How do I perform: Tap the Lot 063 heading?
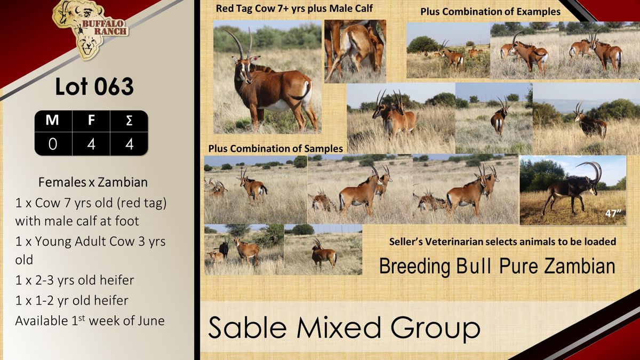tap(94, 86)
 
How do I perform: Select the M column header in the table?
tap(52, 120)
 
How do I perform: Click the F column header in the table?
tap(91, 120)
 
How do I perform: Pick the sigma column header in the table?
tap(129, 121)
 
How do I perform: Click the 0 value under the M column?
tap(53, 144)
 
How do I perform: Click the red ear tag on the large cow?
tap(255, 59)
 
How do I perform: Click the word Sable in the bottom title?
tap(247, 327)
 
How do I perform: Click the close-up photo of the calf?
tap(355, 51)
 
